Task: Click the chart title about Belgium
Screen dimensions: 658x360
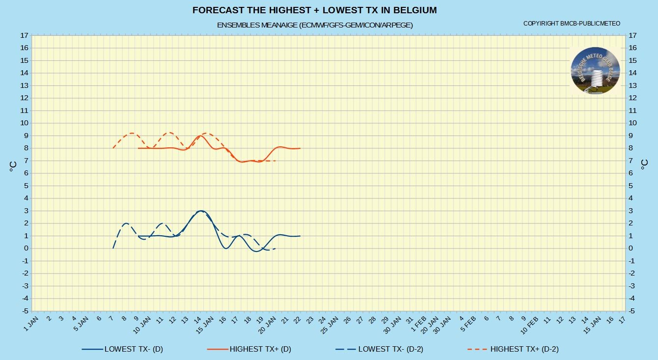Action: pyautogui.click(x=314, y=10)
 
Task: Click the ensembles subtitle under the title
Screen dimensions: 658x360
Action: pyautogui.click(x=315, y=25)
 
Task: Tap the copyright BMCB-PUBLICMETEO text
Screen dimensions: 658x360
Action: pyautogui.click(x=572, y=24)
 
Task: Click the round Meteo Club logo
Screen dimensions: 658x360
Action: pyautogui.click(x=596, y=71)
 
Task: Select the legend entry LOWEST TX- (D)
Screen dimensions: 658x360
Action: pyautogui.click(x=122, y=349)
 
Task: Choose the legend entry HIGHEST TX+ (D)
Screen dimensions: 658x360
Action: pyautogui.click(x=249, y=349)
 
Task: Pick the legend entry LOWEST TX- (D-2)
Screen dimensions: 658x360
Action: pyautogui.click(x=379, y=349)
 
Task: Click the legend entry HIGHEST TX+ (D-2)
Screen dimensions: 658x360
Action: pyautogui.click(x=513, y=349)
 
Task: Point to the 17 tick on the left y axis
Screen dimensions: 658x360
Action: pyautogui.click(x=24, y=35)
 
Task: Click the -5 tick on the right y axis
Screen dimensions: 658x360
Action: pyautogui.click(x=632, y=311)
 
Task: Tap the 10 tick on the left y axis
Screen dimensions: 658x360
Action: pyautogui.click(x=24, y=123)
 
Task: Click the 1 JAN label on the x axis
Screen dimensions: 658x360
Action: pyautogui.click(x=31, y=324)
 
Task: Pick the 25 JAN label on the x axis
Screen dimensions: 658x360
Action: pyautogui.click(x=329, y=325)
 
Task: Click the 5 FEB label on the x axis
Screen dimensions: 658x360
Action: pyautogui.click(x=468, y=324)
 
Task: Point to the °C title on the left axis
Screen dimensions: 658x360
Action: pyautogui.click(x=13, y=166)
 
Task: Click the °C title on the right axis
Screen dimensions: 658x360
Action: pyautogui.click(x=644, y=165)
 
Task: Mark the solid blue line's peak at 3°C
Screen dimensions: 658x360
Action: pyautogui.click(x=201, y=211)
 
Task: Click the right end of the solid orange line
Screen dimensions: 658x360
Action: pyautogui.click(x=300, y=148)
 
